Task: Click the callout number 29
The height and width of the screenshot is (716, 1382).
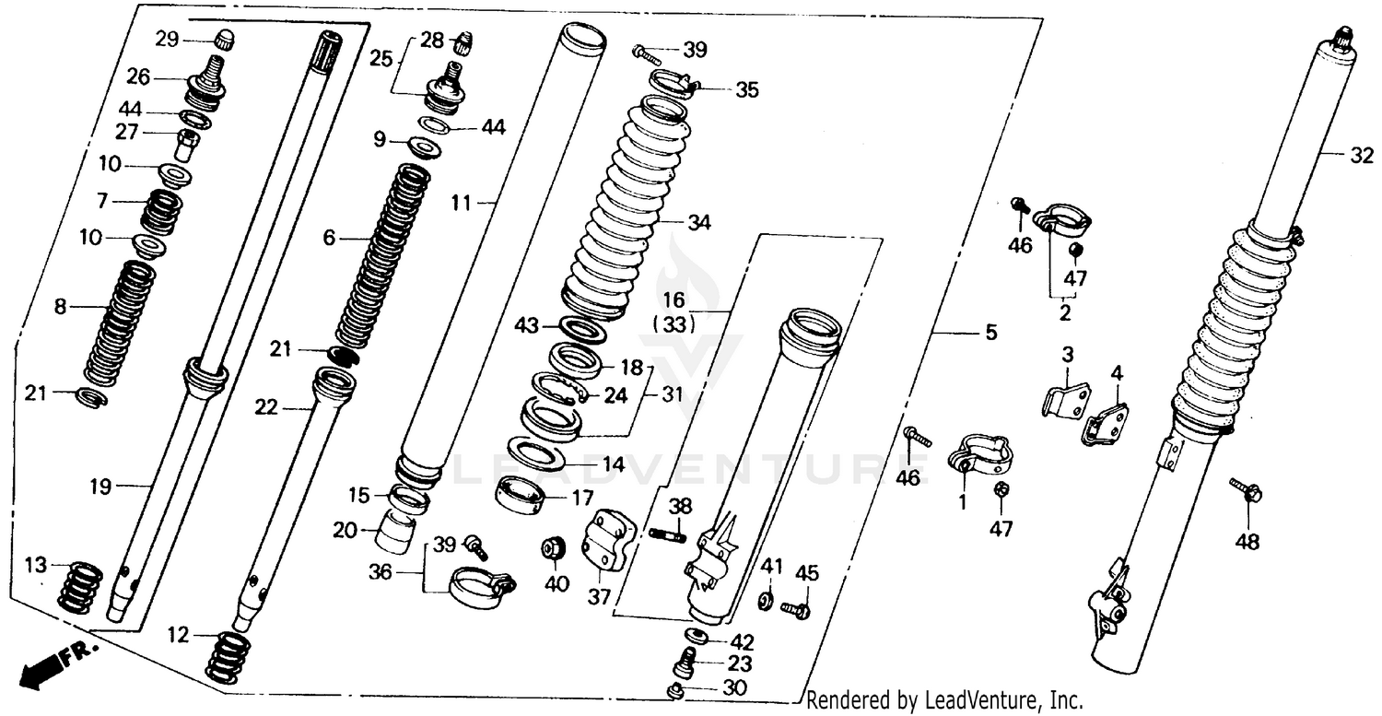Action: [166, 39]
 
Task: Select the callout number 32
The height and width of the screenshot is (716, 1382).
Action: [1361, 156]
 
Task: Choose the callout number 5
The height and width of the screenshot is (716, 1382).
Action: [990, 332]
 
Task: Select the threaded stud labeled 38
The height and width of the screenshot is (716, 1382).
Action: [667, 534]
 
